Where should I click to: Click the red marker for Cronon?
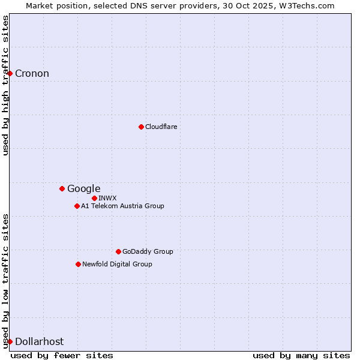tap(10, 74)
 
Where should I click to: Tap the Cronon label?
tap(32, 74)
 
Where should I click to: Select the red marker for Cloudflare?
tap(141, 127)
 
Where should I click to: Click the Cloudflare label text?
tap(161, 127)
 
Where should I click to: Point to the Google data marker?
tap(62, 188)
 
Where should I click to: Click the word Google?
tap(83, 189)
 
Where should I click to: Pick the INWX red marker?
tap(94, 198)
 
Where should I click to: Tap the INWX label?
tap(107, 198)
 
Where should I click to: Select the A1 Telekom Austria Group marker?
tap(77, 206)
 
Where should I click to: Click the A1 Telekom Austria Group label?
tap(122, 206)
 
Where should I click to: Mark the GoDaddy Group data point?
tap(118, 251)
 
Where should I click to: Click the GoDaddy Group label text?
tap(147, 251)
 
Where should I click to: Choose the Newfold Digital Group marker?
tap(78, 264)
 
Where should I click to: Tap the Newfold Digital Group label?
tap(117, 264)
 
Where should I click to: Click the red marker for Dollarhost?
tap(10, 341)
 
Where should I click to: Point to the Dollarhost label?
tap(39, 341)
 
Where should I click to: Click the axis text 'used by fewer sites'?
tap(62, 355)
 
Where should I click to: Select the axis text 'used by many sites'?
tap(301, 355)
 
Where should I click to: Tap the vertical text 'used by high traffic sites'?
tap(5, 85)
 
